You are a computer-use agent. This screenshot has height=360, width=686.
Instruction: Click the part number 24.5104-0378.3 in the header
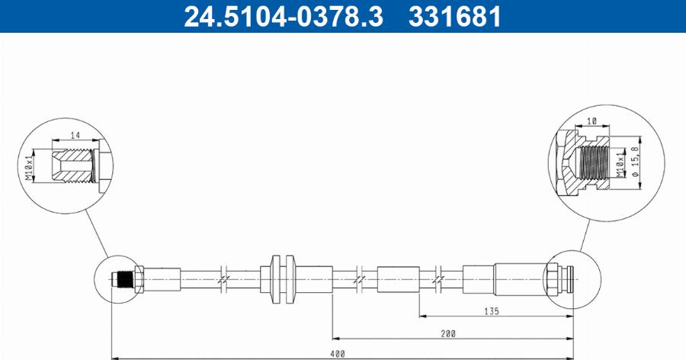pos(283,16)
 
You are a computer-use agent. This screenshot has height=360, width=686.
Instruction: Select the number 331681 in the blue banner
pos(454,16)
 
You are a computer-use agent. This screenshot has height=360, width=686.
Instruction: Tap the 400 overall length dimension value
pos(337,353)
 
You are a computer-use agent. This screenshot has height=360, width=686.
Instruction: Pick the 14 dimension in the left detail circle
pos(75,134)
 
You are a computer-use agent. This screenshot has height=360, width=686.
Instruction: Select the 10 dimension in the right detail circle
pos(592,120)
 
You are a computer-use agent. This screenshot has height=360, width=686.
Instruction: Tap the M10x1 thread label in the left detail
pos(29,166)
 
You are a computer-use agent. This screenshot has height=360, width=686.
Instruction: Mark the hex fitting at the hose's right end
pos(551,279)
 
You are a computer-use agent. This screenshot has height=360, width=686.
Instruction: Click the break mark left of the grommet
pos(222,279)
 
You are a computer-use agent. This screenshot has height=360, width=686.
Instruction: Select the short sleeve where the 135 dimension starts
pos(398,279)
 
